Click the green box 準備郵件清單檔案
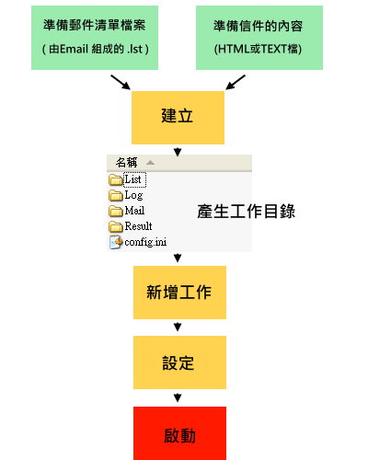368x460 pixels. pos(95,38)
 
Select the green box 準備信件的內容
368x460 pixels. pos(259,38)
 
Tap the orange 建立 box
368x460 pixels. pos(178,118)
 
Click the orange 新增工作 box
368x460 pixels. pos(179,293)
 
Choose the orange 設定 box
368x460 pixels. pos(179,362)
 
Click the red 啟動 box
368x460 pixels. pos(179,433)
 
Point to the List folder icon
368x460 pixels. pos(116,179)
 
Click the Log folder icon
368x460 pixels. pos(116,195)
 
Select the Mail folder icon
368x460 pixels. pos(116,211)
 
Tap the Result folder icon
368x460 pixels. pos(116,226)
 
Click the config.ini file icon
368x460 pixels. pos(116,242)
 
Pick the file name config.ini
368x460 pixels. pos(145,242)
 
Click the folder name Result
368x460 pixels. pos(138,226)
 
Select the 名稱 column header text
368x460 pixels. pos(126,163)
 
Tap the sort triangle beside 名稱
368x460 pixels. pos(150,163)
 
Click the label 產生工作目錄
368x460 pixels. pos(247,212)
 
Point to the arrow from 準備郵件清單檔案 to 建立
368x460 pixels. pos(121,82)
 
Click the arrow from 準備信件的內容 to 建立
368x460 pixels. pos(236,82)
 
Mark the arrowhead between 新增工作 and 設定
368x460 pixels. pos(178,327)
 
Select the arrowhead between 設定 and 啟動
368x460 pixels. pos(178,397)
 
